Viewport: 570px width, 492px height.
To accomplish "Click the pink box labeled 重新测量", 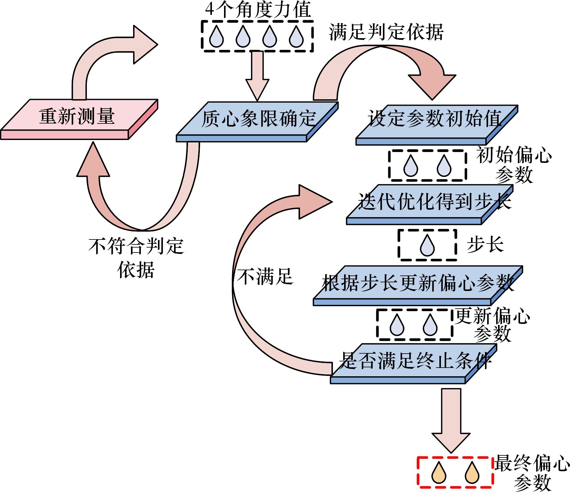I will pyautogui.click(x=78, y=117).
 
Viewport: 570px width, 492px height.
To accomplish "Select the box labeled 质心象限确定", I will pyautogui.click(x=258, y=119).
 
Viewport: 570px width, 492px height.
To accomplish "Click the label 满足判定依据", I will pyautogui.click(x=386, y=32).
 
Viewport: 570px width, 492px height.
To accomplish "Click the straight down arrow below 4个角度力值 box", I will pyautogui.click(x=257, y=76).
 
